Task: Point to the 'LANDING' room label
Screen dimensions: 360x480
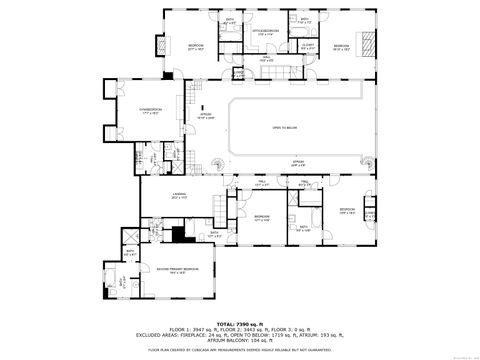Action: point(179,196)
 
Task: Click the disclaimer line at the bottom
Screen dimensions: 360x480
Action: point(240,350)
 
